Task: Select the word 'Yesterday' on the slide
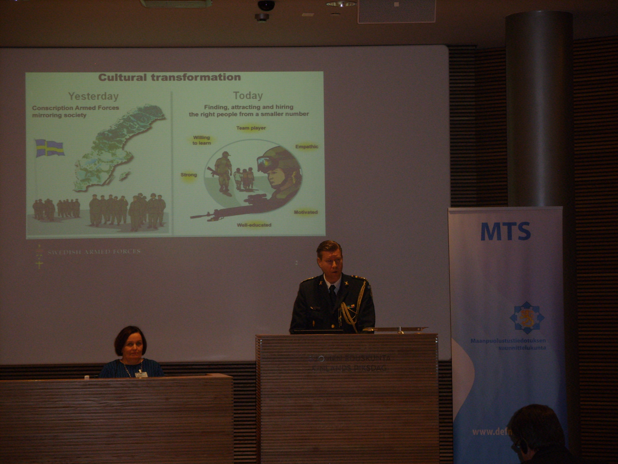point(94,96)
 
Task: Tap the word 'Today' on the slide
point(248,96)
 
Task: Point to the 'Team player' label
point(251,128)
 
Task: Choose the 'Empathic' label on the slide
point(306,147)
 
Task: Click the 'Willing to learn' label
point(201,140)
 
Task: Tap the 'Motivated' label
point(306,212)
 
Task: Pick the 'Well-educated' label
point(254,225)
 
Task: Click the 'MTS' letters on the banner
point(505,232)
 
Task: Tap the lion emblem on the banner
point(525,317)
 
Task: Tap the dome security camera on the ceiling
point(266,5)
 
